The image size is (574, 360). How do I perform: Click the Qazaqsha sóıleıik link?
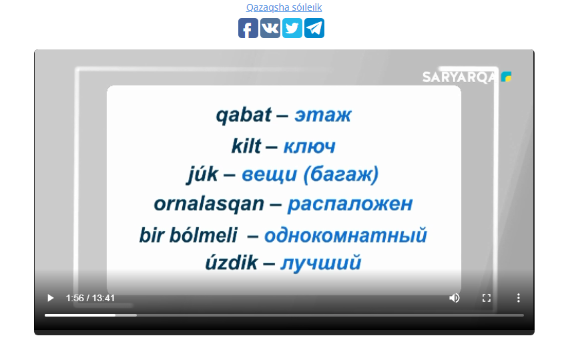coord(284,7)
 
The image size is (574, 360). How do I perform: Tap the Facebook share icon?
coord(248,28)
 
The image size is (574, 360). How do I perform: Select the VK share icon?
coord(270,28)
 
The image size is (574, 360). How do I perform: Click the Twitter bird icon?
coord(292,28)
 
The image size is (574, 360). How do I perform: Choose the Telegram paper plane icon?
coord(314,28)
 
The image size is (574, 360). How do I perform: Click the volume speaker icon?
coord(455,298)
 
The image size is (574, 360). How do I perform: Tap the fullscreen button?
coord(487,298)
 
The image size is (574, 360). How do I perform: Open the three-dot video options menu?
coord(519,298)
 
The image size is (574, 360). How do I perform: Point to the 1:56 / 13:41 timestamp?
coord(90,298)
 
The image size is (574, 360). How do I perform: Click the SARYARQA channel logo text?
coord(459,77)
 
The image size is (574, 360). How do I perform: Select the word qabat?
coord(244,116)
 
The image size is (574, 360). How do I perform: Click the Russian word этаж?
coord(323,116)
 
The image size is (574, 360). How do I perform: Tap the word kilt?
coord(246,146)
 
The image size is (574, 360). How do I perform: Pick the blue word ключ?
coord(309,147)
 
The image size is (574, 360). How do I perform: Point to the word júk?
coord(202,175)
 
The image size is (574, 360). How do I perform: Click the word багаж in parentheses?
coord(341,174)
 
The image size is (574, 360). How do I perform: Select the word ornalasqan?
coord(209,204)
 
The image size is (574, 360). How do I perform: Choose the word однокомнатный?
coord(346,235)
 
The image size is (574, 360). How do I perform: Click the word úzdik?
coord(232,262)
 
